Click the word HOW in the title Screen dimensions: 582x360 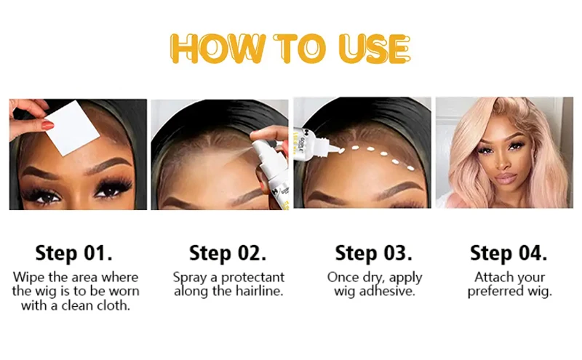pos(218,49)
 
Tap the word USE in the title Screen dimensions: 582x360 pos(375,49)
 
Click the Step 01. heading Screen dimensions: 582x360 pos(74,253)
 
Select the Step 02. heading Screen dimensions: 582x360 pos(228,253)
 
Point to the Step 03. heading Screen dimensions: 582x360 pos(373,253)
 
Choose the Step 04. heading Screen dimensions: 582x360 pos(509,253)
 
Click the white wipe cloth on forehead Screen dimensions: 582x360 pos(72,128)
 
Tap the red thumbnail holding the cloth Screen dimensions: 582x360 pos(47,125)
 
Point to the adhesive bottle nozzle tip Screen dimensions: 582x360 pos(340,151)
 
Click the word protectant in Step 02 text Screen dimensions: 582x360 pos(252,277)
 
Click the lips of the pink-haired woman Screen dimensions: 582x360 pos(506,178)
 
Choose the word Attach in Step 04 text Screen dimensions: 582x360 pos(490,277)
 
